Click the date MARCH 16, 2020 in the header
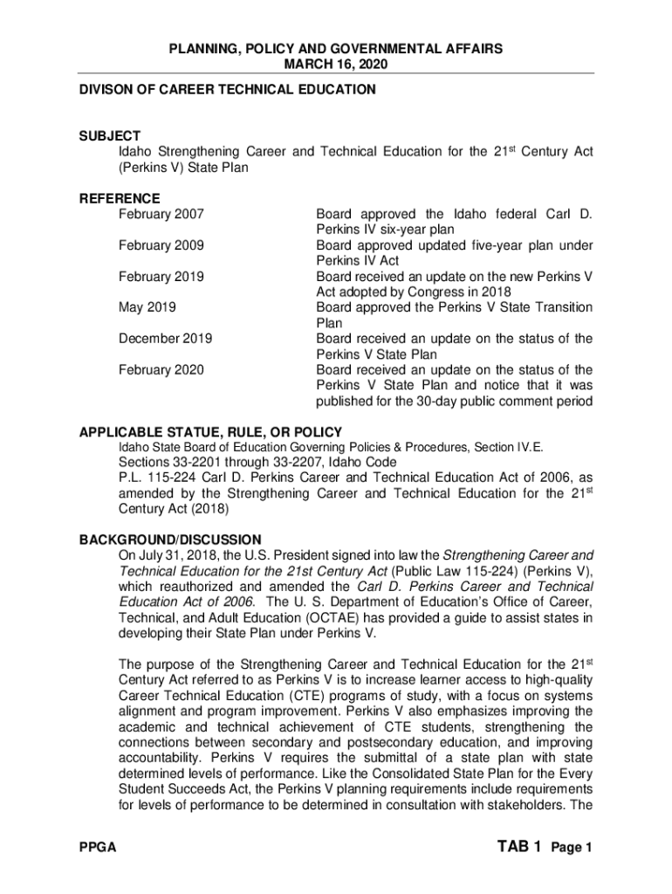point(336,65)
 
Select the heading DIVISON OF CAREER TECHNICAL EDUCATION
point(228,89)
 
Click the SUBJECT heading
point(109,136)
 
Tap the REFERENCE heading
point(120,198)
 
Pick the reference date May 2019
point(146,307)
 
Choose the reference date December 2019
point(165,339)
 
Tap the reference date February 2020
point(161,370)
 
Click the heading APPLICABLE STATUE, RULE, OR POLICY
point(210,432)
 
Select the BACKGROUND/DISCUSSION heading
point(170,540)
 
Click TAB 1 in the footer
point(520,847)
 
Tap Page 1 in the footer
point(572,849)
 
